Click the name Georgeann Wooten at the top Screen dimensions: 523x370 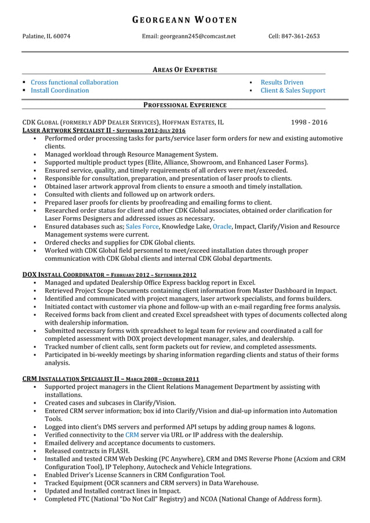tap(184, 20)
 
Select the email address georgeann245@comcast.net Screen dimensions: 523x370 tap(189, 37)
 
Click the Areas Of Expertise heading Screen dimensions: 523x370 tap(184, 70)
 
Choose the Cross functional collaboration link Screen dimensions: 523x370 tap(74, 82)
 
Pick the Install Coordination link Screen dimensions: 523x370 tap(60, 90)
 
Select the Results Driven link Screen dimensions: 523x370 tap(282, 82)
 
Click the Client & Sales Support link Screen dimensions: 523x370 tap(293, 90)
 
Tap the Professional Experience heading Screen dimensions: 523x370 tap(184, 105)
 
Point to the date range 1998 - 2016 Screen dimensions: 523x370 tap(309, 122)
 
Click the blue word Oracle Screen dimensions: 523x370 tap(222, 227)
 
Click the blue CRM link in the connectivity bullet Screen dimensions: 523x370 tap(132, 434)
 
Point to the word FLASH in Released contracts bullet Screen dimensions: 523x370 tap(118, 451)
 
